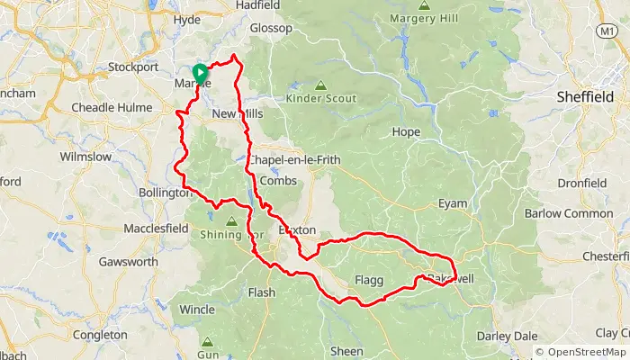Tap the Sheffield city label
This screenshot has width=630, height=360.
[x=586, y=97]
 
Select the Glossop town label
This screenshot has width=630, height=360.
[x=271, y=28]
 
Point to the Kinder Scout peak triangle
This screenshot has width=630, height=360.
[x=320, y=85]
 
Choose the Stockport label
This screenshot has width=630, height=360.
[x=132, y=67]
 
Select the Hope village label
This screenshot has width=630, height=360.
[x=407, y=131]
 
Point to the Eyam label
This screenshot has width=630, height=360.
[x=453, y=203]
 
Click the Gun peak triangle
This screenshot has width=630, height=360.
[x=208, y=343]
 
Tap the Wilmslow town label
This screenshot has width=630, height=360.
[x=85, y=157]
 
